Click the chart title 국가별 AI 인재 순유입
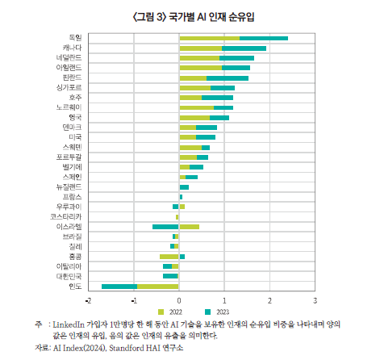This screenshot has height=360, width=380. pyautogui.click(x=190, y=16)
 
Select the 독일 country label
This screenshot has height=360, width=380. pyautogui.click(x=75, y=38)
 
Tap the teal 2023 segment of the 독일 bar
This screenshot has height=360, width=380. pyautogui.click(x=264, y=38)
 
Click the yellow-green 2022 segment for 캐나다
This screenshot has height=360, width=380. pyautogui.click(x=200, y=48)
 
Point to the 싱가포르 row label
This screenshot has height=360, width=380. pyautogui.click(x=70, y=87)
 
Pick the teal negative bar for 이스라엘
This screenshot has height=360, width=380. pyautogui.click(x=165, y=227)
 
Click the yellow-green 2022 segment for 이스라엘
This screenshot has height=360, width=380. pyautogui.click(x=189, y=227)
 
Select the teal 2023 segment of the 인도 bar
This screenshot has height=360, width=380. pyautogui.click(x=119, y=286)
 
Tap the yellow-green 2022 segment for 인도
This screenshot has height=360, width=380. pyautogui.click(x=157, y=286)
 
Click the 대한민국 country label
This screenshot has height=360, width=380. pyautogui.click(x=70, y=276)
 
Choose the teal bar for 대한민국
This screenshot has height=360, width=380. pyautogui.click(x=170, y=276)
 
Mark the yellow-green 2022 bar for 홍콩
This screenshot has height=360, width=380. pyautogui.click(x=169, y=257)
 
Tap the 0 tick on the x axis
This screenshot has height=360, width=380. pyautogui.click(x=179, y=299)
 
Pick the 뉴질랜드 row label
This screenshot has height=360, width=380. pyautogui.click(x=70, y=187)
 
